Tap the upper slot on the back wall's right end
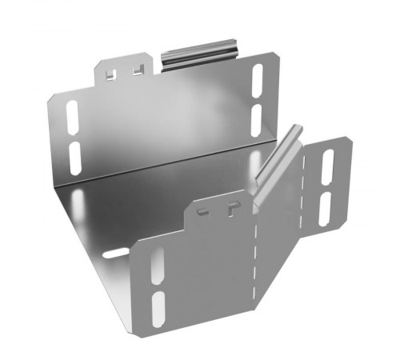click(x=257, y=78)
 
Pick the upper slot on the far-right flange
click(x=328, y=164)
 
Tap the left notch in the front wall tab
click(x=204, y=213)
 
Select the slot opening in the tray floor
click(x=114, y=254)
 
